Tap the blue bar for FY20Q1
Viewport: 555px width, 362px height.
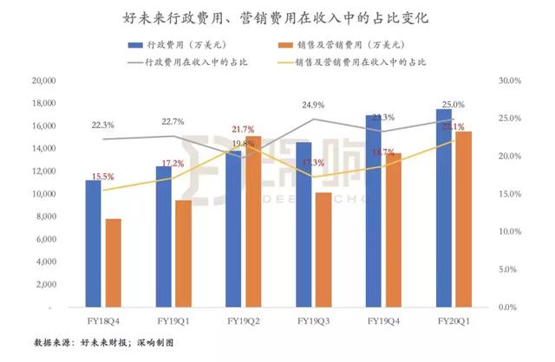[443, 208]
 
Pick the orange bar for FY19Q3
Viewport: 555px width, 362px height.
[323, 249]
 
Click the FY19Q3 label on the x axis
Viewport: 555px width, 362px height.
[314, 320]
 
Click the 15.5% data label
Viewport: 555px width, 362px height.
[102, 177]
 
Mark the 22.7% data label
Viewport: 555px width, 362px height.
[173, 121]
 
